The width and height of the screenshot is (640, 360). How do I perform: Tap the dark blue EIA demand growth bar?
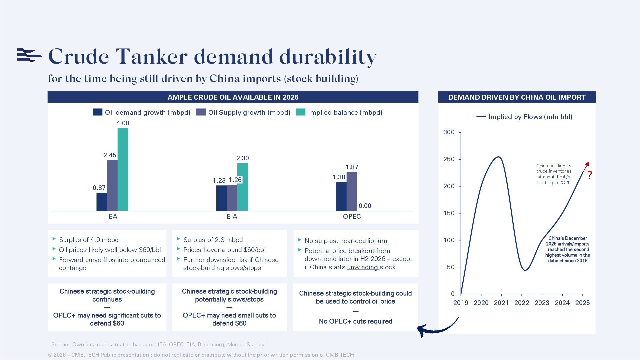coord(221,198)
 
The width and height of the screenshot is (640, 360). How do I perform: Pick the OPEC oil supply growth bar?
coord(352,191)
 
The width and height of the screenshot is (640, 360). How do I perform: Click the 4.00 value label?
coord(123,123)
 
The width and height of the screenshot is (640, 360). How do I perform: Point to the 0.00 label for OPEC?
coord(365,206)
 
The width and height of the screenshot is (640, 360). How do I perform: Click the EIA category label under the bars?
coord(232,216)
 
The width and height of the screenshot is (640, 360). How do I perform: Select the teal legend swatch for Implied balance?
coord(300,112)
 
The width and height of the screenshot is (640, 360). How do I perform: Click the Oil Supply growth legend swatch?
coord(201,112)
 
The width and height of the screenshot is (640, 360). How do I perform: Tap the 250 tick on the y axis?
coord(449,159)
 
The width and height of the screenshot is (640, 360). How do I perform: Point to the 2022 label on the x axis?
coord(522,303)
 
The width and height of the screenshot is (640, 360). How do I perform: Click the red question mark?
coord(590,175)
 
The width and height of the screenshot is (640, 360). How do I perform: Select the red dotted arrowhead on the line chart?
coord(587,164)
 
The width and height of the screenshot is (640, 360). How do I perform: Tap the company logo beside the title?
coord(29,55)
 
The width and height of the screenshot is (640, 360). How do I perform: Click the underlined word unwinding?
coord(362,267)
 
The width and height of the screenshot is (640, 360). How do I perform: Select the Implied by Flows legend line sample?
coord(481,117)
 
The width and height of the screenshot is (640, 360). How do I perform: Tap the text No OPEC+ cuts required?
coord(355,321)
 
